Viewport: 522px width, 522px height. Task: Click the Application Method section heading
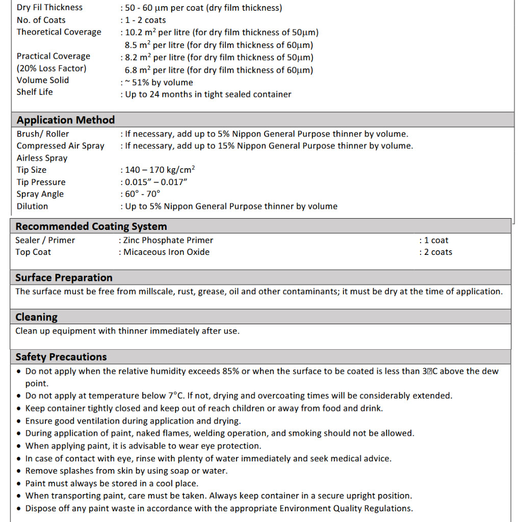coord(65,120)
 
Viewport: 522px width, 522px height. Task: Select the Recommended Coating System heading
coord(91,226)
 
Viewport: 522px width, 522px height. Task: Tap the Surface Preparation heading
coord(64,278)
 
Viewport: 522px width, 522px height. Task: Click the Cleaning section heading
coord(36,317)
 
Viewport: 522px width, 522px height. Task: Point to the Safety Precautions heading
coord(61,357)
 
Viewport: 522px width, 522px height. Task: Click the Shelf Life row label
coord(35,92)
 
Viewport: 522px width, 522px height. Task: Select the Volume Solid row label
coord(43,81)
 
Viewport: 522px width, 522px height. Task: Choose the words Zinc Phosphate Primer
coord(168,241)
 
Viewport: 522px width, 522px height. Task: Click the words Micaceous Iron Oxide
coord(167,252)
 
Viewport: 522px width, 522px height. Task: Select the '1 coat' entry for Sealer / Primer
coord(436,241)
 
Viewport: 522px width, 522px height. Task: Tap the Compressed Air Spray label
coord(60,146)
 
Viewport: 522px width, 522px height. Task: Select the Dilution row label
coord(32,206)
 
